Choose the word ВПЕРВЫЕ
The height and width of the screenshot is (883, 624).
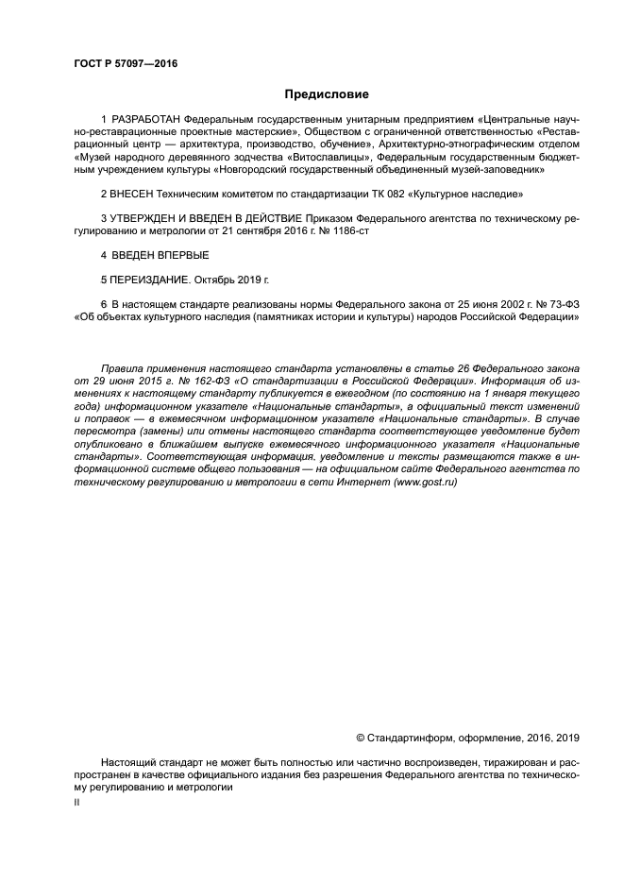click(x=180, y=255)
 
